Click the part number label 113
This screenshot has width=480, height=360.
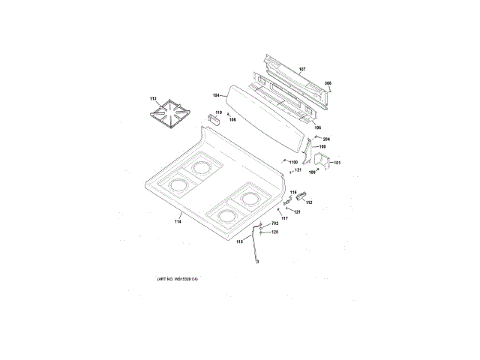(x=153, y=99)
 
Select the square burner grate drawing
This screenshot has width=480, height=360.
(x=171, y=115)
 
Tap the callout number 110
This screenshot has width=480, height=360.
(x=218, y=113)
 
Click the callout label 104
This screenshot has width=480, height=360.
(x=217, y=95)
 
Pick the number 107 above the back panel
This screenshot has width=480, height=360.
(x=302, y=69)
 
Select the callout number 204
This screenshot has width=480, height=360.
(x=326, y=139)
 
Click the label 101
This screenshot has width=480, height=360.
(x=337, y=163)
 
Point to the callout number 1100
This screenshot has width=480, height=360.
(x=292, y=162)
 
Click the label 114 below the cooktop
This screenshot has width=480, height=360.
(x=178, y=220)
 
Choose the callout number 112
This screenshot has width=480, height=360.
(x=308, y=202)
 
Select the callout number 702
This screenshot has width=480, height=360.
(x=274, y=224)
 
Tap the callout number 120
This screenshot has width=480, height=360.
(x=274, y=232)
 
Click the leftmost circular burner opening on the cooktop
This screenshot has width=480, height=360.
(x=179, y=184)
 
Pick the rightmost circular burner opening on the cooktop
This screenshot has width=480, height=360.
(x=249, y=199)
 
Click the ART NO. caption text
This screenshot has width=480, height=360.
(x=177, y=280)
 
